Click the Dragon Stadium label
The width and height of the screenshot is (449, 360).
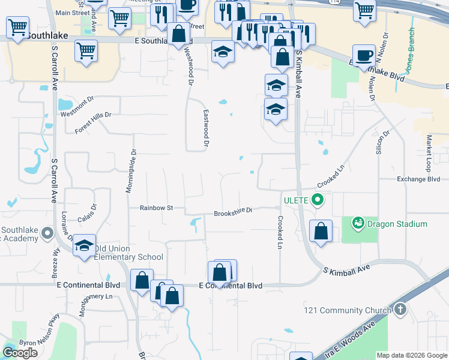pos(397,224)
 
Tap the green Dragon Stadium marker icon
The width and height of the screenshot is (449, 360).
pos(358,223)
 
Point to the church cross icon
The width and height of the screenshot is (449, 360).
pos(400,310)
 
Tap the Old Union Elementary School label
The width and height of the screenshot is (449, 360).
pos(128,253)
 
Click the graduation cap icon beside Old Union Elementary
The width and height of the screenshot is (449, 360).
pos(85,245)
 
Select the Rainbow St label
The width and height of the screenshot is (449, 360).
pos(156,208)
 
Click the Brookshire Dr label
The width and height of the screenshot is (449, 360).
pos(233,212)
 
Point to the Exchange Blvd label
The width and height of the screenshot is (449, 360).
pos(418,179)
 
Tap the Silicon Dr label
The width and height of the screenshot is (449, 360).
pos(379,142)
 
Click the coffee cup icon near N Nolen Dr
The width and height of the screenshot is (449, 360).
pos(363,56)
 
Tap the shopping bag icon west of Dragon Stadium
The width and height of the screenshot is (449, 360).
pos(321,231)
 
